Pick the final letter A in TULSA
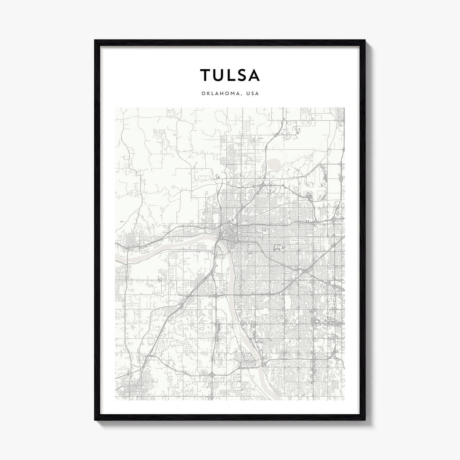[254, 75]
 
